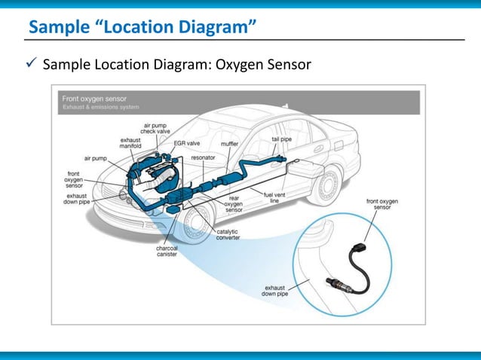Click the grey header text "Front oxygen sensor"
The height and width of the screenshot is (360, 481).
tap(94, 99)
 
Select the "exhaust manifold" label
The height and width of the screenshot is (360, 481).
tap(130, 143)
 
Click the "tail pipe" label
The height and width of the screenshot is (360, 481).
tap(282, 139)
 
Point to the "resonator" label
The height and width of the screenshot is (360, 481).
tap(203, 157)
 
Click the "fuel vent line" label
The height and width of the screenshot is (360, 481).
tap(273, 197)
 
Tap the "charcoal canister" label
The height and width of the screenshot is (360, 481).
tap(167, 251)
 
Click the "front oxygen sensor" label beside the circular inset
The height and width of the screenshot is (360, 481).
tap(383, 205)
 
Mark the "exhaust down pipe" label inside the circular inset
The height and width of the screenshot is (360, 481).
tap(276, 290)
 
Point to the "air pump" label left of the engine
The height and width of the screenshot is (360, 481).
tap(96, 159)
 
